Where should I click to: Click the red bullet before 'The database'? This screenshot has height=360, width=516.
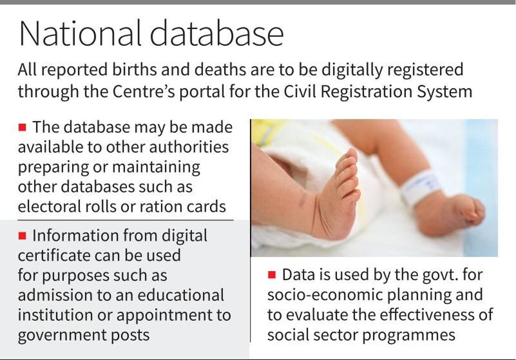23,127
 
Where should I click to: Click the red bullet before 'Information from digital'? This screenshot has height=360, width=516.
23,236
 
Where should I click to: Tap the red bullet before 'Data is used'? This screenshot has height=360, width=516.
272,275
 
